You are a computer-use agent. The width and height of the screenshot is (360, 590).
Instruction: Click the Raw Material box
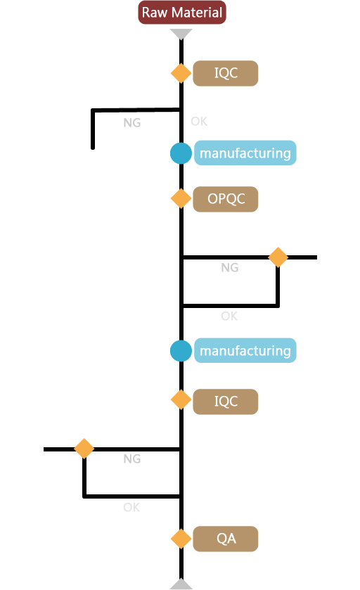tap(181, 13)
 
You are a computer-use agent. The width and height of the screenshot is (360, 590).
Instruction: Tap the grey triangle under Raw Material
tap(181, 34)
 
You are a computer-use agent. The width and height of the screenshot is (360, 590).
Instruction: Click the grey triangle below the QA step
tap(181, 584)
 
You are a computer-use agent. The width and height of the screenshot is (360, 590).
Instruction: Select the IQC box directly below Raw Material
tap(225, 73)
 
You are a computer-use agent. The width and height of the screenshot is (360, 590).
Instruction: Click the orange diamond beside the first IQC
tap(181, 73)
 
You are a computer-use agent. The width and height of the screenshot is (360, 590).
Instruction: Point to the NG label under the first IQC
tap(132, 122)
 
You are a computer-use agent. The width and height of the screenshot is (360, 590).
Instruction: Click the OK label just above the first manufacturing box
tap(199, 121)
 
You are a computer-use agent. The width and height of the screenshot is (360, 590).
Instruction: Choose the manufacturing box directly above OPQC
tap(245, 153)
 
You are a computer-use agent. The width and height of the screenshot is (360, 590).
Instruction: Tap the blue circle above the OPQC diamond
tap(181, 153)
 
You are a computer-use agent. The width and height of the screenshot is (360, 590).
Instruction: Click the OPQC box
tap(225, 199)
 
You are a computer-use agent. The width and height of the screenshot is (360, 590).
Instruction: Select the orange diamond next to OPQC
tap(181, 198)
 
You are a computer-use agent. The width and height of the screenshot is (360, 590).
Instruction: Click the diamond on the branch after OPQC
tap(278, 257)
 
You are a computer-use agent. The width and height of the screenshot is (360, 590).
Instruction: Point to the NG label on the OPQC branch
tap(229, 267)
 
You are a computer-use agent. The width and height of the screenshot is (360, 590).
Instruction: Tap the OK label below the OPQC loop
tap(229, 316)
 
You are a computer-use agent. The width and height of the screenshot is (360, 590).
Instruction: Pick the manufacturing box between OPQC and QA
tap(245, 350)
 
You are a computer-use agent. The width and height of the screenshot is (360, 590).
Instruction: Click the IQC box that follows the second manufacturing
tap(225, 402)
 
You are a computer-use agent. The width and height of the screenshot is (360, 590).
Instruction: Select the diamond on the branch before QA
tap(84, 449)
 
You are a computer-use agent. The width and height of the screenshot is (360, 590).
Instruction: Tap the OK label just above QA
tap(131, 507)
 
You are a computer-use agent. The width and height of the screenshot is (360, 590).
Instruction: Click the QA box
tap(225, 539)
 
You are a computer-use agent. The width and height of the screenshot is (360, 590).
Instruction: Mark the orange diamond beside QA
tap(181, 539)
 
